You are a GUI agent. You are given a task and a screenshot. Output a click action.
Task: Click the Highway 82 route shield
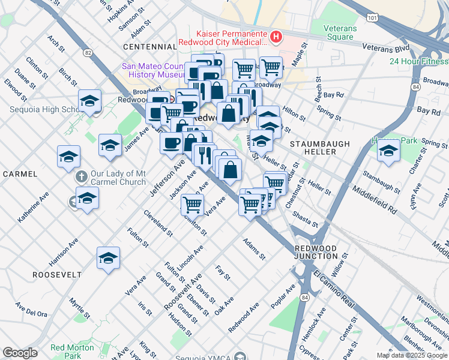coord(89,53)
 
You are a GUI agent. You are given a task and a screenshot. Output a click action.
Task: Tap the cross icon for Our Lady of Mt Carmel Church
coord(81,177)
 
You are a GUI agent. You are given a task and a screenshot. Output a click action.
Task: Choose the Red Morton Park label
coord(66,351)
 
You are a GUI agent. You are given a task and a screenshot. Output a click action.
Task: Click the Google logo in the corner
coord(20,353)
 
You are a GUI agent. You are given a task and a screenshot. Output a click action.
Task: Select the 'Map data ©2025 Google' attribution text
coord(412,355)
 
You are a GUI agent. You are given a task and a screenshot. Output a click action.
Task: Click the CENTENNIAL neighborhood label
coord(149,46)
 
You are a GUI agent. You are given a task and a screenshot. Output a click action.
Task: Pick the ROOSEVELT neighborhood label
coord(58,274)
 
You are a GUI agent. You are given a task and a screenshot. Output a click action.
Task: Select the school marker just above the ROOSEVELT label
coord(108,259)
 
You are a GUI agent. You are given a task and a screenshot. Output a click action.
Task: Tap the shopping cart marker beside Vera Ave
coord(192,205)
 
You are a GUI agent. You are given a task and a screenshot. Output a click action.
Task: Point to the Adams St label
coord(254,249)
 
